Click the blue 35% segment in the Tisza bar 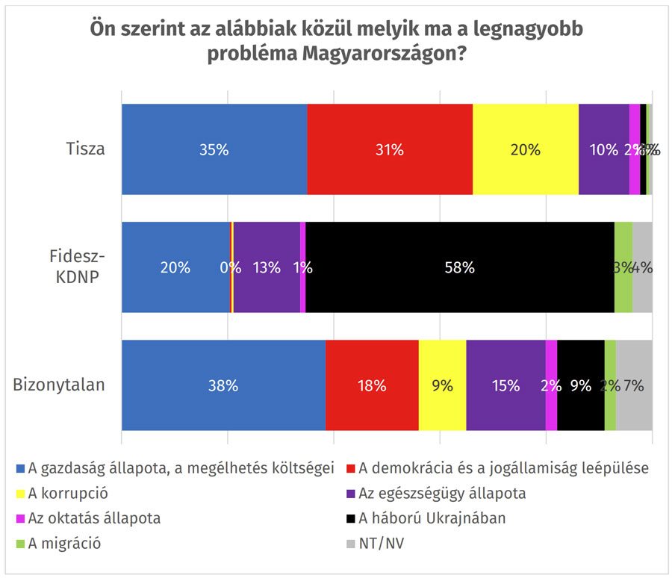pos(214,149)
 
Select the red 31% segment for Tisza pos(390,149)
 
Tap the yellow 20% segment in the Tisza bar pos(526,149)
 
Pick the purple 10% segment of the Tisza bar pos(603,149)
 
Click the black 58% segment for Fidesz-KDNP pos(460,267)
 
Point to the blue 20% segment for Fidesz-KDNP pos(175,267)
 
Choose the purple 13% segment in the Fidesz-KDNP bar pos(267,267)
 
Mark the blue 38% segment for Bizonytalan pos(223,385)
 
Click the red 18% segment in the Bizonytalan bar pos(372,385)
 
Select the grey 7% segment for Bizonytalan pos(634,385)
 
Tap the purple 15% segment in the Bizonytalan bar pos(505,385)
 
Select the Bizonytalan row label pos(59,385)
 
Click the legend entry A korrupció pos(65,494)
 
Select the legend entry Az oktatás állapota pos(93,518)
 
